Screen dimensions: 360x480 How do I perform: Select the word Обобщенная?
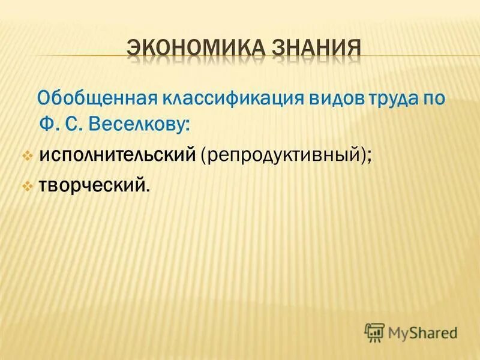96,98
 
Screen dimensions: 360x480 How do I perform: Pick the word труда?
376,98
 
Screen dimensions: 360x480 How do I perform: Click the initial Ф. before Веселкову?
61,125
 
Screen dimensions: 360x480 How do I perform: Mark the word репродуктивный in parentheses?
284,155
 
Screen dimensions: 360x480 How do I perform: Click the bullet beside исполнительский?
27,155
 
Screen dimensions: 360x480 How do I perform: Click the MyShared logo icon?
374,331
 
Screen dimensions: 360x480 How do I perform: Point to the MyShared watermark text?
422,332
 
